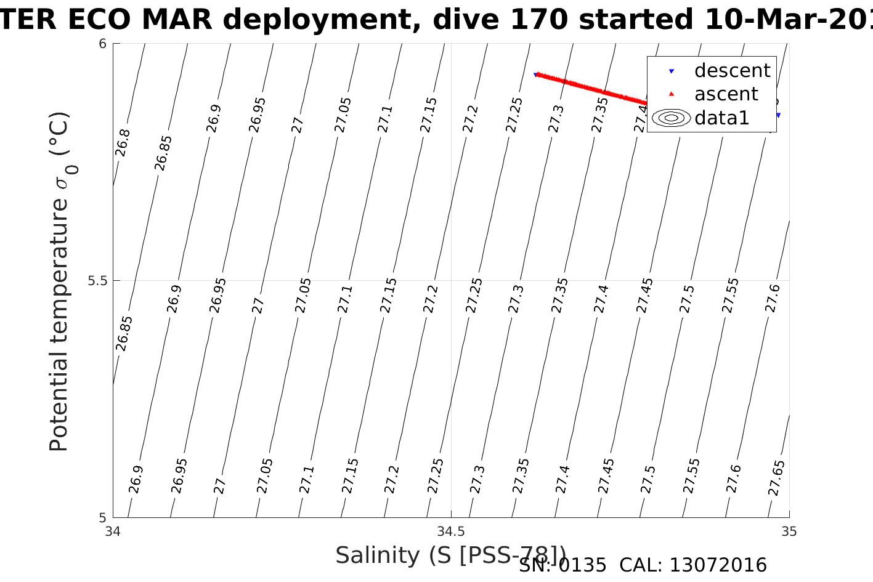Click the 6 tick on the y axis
tap(103, 44)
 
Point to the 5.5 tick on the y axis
tap(97, 281)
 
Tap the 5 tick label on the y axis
tap(103, 517)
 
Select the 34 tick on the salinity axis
tap(113, 531)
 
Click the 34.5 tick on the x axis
tap(451, 531)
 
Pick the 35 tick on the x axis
tap(789, 531)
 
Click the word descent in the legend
tap(732, 71)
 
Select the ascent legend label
tap(726, 94)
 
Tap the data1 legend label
tap(721, 118)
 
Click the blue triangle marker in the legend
tap(672, 71)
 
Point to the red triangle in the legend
tap(672, 94)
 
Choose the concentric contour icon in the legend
tap(671, 118)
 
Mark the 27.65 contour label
tap(776, 478)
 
